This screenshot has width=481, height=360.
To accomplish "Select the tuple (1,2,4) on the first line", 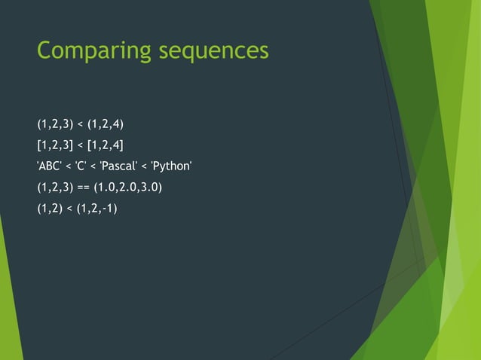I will pyautogui.click(x=106, y=124).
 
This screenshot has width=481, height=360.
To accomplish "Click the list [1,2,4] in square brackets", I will pyautogui.click(x=106, y=145).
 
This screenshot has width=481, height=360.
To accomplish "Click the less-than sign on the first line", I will pyautogui.click(x=81, y=124).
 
